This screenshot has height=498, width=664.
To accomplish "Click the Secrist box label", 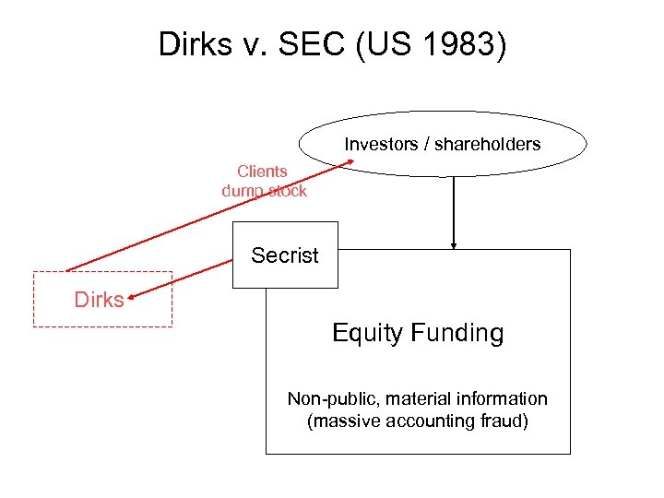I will [284, 255].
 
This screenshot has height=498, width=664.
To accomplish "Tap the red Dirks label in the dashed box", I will [99, 300].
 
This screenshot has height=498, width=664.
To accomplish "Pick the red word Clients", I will [263, 171].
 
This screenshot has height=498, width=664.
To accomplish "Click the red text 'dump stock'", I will [264, 190].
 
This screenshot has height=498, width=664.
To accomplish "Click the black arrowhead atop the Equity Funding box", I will [454, 245].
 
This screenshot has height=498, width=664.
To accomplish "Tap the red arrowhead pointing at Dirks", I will [132, 297].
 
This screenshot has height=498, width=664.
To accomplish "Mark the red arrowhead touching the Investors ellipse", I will [352, 164].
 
